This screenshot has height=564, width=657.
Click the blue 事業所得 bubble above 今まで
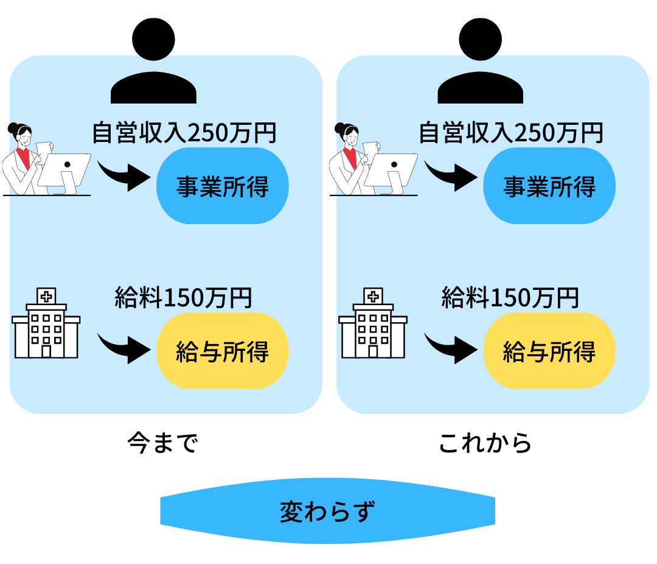(222, 186)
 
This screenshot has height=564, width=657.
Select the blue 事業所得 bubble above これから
(549, 186)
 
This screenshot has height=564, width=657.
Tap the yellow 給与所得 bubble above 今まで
(222, 351)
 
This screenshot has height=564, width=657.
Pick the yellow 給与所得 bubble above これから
(549, 351)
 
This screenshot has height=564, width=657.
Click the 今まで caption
(162, 443)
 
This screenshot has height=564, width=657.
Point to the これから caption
(485, 443)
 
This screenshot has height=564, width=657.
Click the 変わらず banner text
(327, 512)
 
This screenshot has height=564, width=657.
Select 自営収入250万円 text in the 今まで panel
(184, 133)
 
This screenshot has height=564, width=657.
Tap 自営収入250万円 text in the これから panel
(511, 133)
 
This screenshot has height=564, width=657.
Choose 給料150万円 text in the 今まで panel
(183, 297)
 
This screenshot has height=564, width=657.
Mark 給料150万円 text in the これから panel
(510, 297)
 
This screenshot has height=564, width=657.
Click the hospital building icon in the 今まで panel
(46, 323)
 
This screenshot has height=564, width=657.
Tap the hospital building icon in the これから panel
(373, 323)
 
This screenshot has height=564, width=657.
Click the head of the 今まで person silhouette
(153, 39)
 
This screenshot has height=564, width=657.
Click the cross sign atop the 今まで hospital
(46, 296)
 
